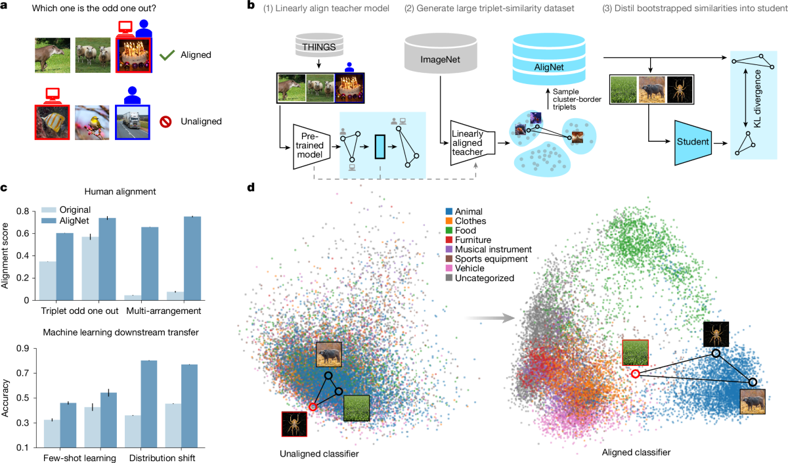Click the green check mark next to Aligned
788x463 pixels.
pyautogui.click(x=167, y=55)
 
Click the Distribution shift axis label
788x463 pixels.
pyautogui.click(x=161, y=457)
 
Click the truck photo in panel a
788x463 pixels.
pyautogui.click(x=134, y=121)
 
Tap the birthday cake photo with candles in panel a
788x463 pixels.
pyautogui.click(x=134, y=55)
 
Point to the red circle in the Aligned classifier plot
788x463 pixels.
pyautogui.click(x=635, y=374)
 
